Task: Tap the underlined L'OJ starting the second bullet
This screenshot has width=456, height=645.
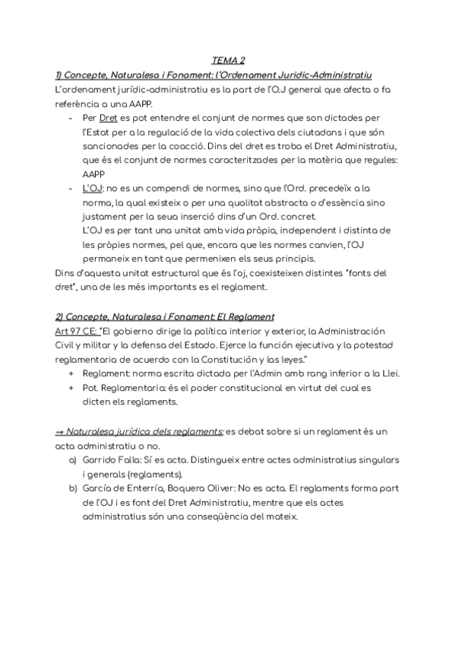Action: click(x=92, y=188)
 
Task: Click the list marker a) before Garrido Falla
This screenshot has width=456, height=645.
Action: click(x=73, y=460)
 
